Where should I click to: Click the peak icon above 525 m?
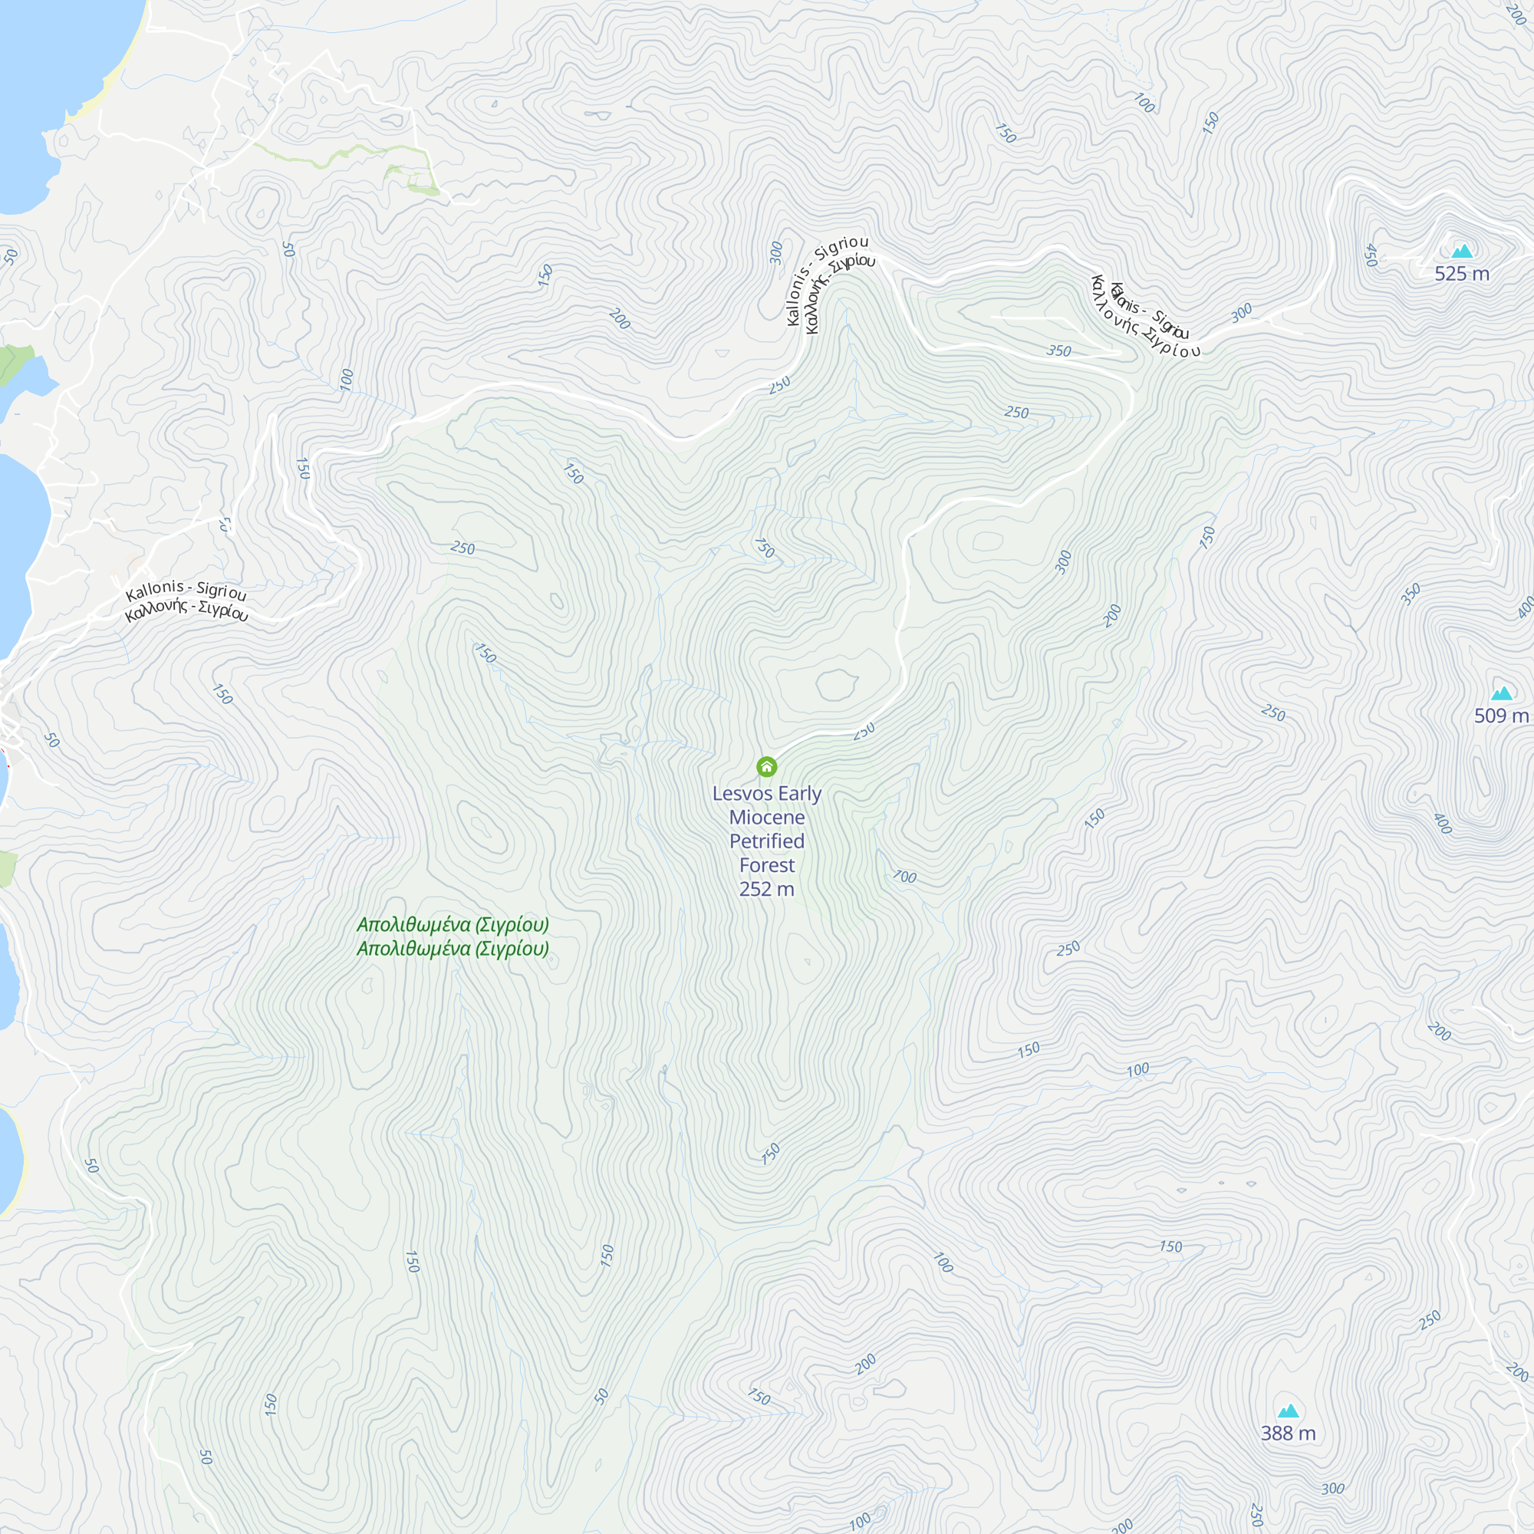(1462, 251)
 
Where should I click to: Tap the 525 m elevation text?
(1462, 274)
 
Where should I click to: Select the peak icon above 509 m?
(1502, 693)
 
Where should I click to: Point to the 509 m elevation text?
(1501, 716)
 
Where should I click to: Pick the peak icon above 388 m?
(1288, 1411)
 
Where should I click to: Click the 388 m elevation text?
(1288, 1434)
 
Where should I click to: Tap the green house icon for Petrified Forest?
(766, 766)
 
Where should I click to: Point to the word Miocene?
(767, 818)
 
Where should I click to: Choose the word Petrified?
(767, 841)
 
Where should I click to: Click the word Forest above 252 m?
(767, 865)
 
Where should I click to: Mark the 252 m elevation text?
(767, 889)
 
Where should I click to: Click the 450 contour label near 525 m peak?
(1370, 255)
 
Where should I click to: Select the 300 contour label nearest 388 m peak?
(1333, 1489)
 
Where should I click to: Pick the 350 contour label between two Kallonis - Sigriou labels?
(1058, 351)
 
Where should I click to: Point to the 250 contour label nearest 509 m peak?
(1272, 713)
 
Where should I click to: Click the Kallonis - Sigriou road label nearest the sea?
(186, 589)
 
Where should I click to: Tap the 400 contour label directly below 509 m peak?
(1443, 823)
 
